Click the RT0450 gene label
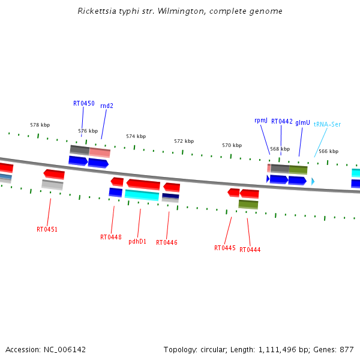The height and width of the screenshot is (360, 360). tap(84, 103)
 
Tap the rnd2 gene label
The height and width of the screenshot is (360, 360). tap(107, 106)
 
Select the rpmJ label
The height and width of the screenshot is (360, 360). tap(261, 121)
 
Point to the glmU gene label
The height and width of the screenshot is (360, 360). tap(302, 122)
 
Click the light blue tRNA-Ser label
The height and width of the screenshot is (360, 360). tap(327, 124)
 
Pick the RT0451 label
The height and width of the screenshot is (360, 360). tap(47, 229)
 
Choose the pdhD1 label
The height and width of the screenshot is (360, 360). tap(137, 241)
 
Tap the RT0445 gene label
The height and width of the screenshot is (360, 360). tap(225, 248)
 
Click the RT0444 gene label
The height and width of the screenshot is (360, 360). tap(250, 250)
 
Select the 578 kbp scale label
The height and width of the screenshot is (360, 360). tap(40, 125)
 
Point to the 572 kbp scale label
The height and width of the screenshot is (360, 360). tap(184, 141)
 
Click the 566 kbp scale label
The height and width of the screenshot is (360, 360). tap(329, 151)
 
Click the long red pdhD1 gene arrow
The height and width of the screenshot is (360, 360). tap(143, 184)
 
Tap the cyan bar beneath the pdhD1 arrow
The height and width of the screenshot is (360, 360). tap(142, 195)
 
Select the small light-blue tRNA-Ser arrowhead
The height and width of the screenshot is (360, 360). tap(313, 181)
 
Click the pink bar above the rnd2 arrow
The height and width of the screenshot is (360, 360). tap(100, 152)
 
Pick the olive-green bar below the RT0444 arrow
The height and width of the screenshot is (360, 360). tap(248, 205)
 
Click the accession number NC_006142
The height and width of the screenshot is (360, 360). tap(65, 350)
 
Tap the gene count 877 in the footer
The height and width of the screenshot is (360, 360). tap(347, 350)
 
